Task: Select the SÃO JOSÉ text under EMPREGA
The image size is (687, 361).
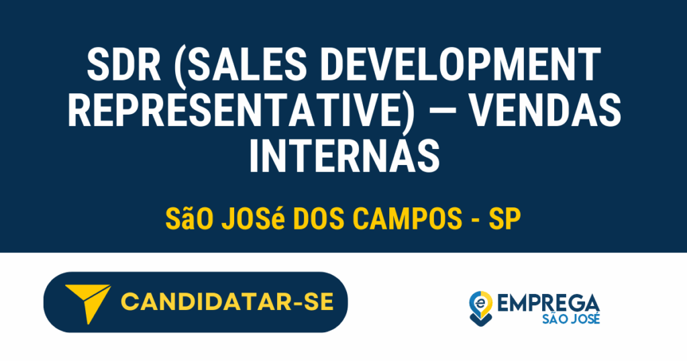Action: [570, 319]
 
